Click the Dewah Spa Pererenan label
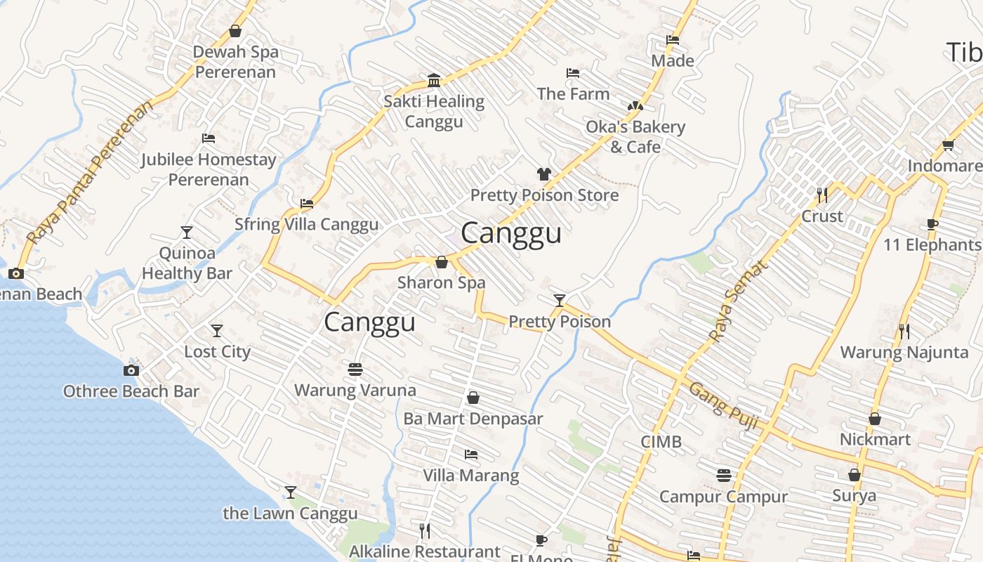click(x=236, y=62)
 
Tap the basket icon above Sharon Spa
click(x=442, y=263)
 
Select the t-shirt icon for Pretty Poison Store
click(x=544, y=174)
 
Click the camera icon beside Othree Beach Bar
click(x=131, y=371)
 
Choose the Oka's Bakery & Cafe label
click(x=635, y=137)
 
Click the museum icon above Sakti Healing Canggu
click(x=434, y=80)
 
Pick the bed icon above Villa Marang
click(x=471, y=455)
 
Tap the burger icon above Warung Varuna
click(x=355, y=369)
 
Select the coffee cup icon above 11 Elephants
click(x=932, y=225)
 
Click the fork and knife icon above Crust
click(x=822, y=195)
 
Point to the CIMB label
click(x=661, y=442)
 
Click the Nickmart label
click(x=875, y=440)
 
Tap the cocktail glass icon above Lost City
click(x=217, y=330)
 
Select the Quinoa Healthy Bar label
click(x=187, y=263)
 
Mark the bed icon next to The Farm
click(x=573, y=73)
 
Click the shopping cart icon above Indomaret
click(x=948, y=145)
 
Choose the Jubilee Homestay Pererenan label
click(x=209, y=169)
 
